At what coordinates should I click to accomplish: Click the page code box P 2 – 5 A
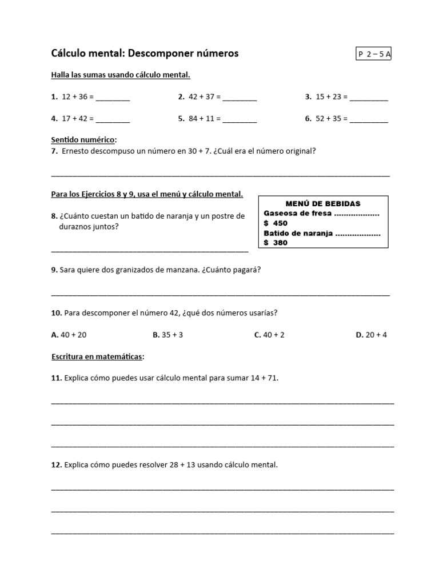pos(374,54)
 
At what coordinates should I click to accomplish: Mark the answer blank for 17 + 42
pos(113,120)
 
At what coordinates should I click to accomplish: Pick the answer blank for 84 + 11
pos(240,120)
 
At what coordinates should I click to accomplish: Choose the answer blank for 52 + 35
pos(369,120)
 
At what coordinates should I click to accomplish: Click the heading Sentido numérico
pos(83,139)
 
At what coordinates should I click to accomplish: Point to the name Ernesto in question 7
pos(76,151)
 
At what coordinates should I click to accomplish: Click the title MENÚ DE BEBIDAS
pos(323,203)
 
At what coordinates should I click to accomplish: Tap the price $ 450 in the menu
pos(276,223)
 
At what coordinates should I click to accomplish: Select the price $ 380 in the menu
pos(276,243)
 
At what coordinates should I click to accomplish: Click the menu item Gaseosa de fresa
pos(297,214)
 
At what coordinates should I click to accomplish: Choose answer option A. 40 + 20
pos(69,335)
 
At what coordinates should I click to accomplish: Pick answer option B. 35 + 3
pos(168,335)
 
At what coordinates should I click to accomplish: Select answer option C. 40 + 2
pos(269,335)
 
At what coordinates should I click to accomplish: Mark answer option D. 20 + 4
pos(371,335)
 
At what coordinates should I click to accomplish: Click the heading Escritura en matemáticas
pos(98,357)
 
